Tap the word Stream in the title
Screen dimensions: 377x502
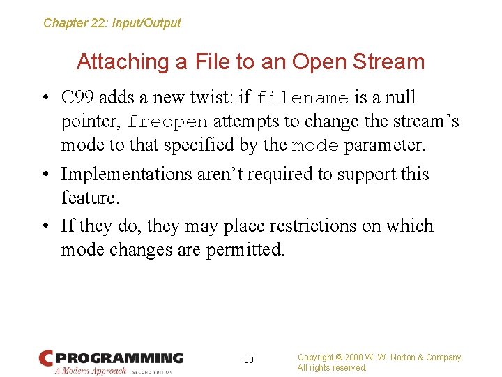point(388,62)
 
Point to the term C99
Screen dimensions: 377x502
point(77,98)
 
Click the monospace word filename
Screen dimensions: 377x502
point(302,98)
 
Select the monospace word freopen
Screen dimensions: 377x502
point(167,122)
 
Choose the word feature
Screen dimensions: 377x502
point(89,198)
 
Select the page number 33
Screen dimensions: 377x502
point(249,360)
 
